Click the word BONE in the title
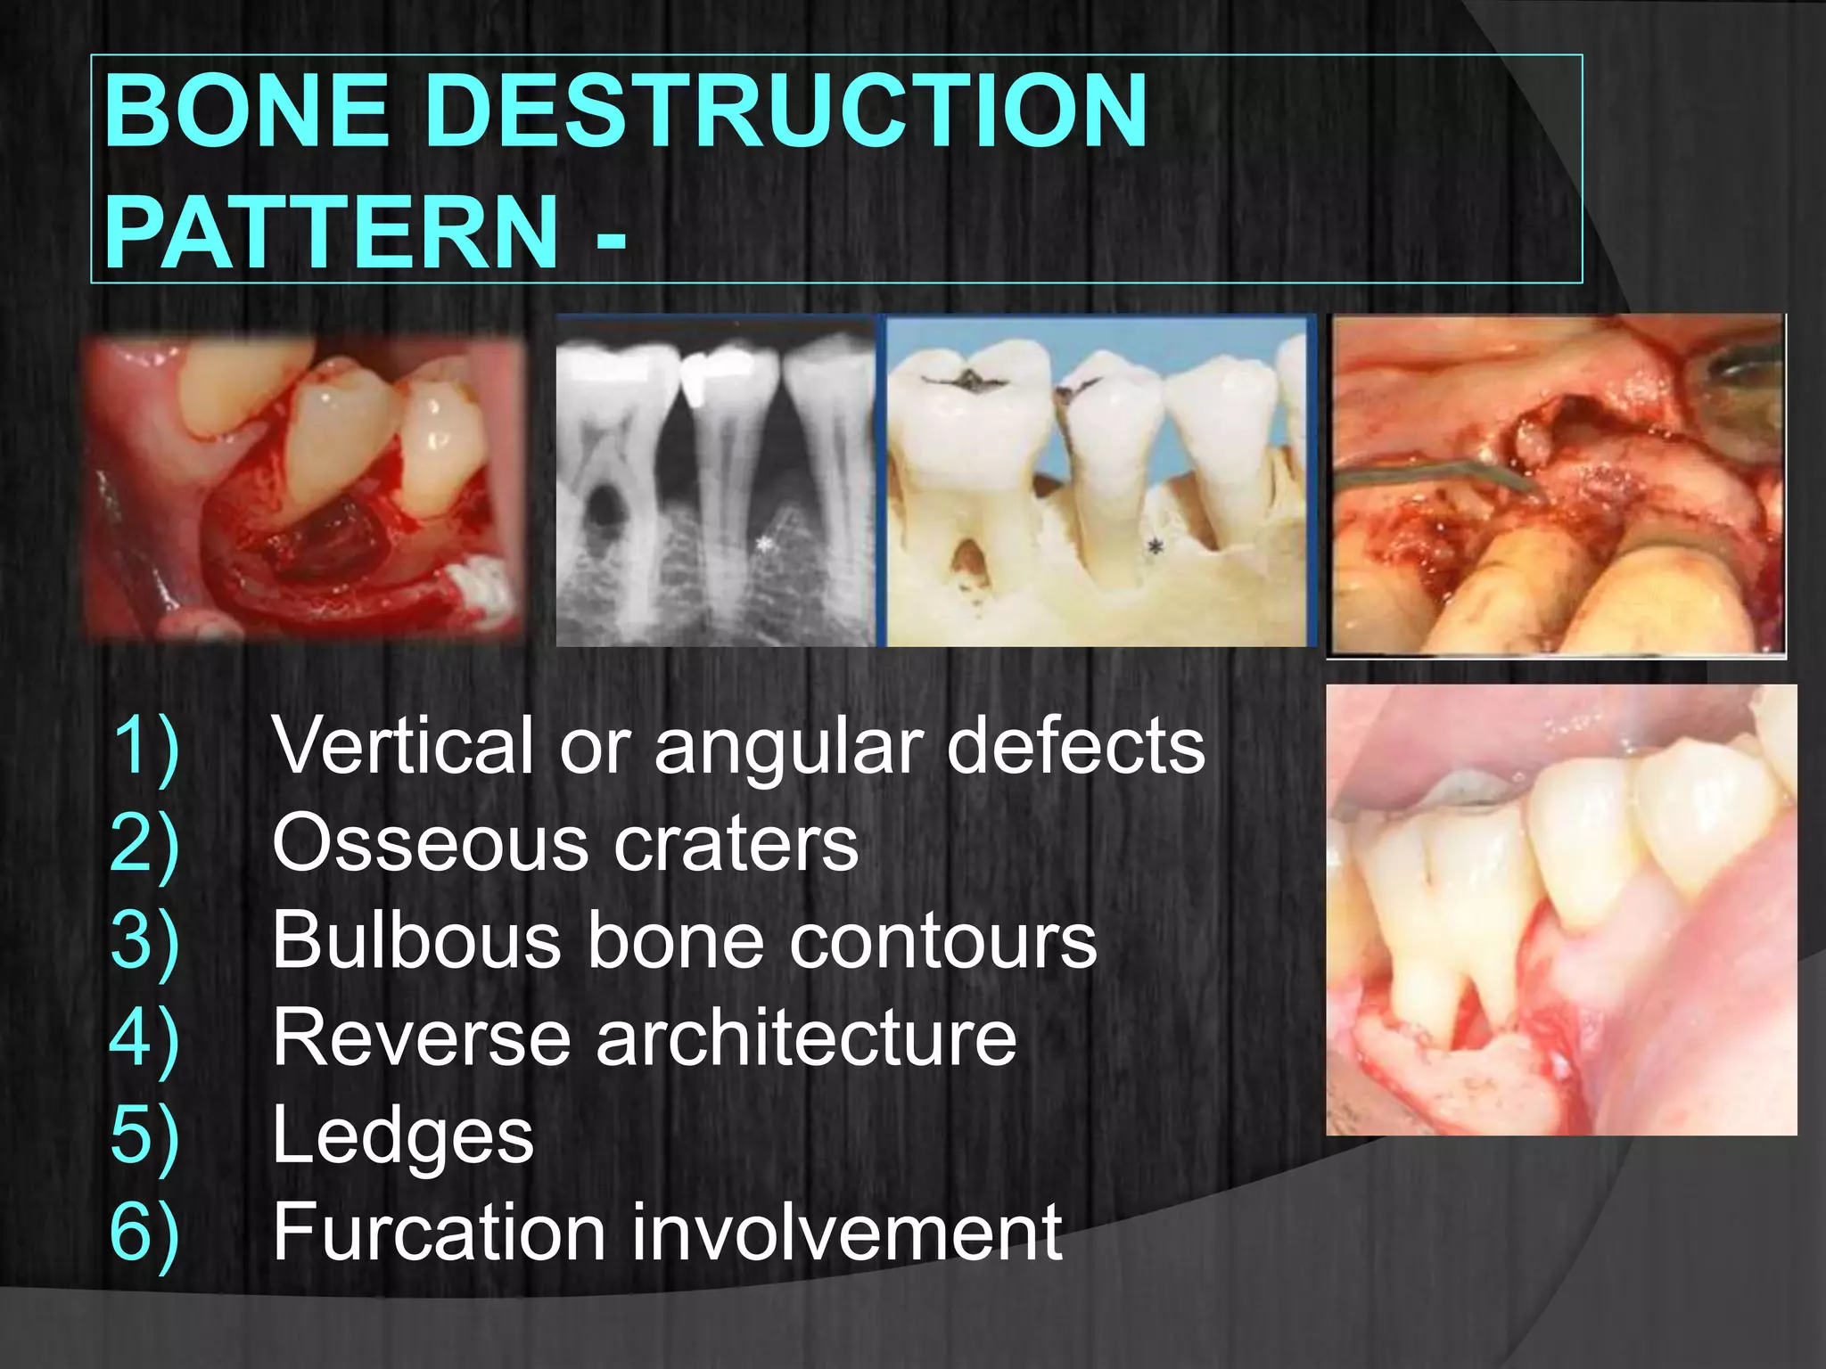pyautogui.click(x=246, y=111)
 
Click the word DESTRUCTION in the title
pyautogui.click(x=785, y=111)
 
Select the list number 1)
pyautogui.click(x=144, y=747)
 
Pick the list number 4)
pyautogui.click(x=144, y=1039)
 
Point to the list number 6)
pyautogui.click(x=144, y=1234)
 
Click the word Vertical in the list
pyautogui.click(x=402, y=745)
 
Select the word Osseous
pyautogui.click(x=429, y=843)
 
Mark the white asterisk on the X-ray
pyautogui.click(x=763, y=543)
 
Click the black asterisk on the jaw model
pyautogui.click(x=1156, y=545)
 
